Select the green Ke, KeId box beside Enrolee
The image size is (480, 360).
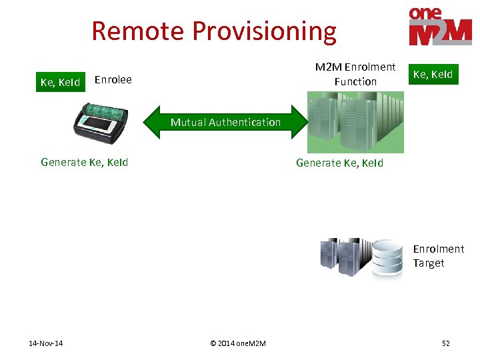60,83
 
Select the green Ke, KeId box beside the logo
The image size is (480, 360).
433,75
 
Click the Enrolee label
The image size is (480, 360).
113,80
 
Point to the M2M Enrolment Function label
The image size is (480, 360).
355,74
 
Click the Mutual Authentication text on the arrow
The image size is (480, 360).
225,122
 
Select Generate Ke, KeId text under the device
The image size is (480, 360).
85,162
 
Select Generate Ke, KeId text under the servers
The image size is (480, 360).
339,163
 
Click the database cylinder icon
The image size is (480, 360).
387,257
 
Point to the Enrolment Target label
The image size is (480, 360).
437,256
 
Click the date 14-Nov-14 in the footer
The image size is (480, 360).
46,343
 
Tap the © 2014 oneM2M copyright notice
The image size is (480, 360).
237,343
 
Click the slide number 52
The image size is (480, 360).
445,343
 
